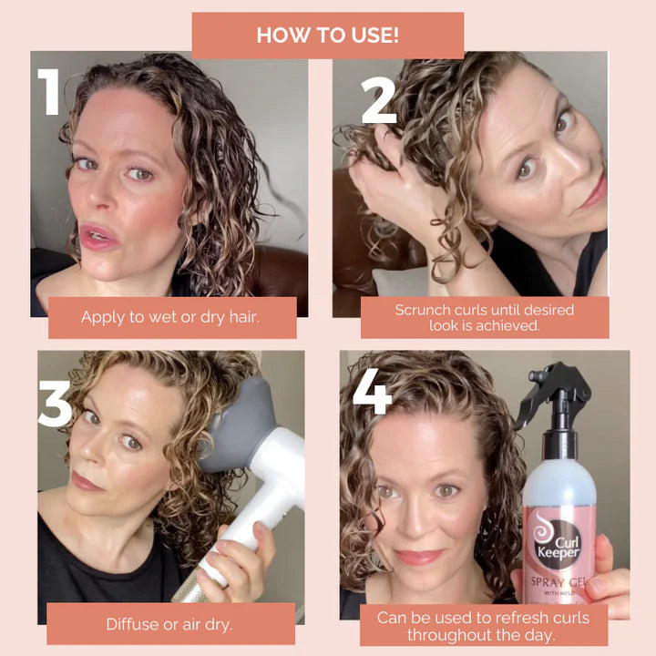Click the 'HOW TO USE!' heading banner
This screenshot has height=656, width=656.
tap(327, 36)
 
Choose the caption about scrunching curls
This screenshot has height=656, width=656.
tap(484, 317)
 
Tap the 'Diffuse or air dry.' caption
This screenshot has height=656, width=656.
tap(172, 624)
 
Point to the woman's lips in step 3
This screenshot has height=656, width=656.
tap(88, 480)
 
